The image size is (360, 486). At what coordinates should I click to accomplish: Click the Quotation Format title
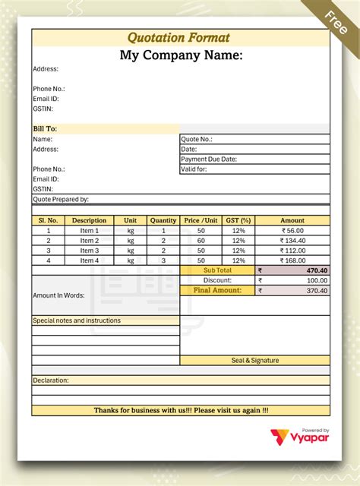(x=178, y=37)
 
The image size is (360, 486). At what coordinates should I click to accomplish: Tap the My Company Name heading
(x=181, y=55)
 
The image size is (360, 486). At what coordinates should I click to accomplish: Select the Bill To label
(x=45, y=128)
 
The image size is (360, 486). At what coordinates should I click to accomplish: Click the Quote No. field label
(x=197, y=139)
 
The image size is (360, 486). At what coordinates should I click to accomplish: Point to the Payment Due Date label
(x=209, y=159)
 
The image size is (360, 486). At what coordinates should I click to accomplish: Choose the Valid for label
(x=194, y=169)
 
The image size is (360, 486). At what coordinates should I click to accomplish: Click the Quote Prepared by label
(x=61, y=199)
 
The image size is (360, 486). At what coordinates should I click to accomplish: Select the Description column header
(x=89, y=220)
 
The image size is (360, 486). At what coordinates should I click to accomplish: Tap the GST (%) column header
(x=238, y=220)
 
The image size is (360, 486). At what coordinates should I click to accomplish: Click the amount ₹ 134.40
(x=292, y=241)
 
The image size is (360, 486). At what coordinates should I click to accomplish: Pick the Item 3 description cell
(x=89, y=251)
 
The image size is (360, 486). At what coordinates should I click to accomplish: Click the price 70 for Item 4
(x=201, y=260)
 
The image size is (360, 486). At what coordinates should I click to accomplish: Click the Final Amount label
(x=217, y=290)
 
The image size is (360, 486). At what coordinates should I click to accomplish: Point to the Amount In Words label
(x=58, y=295)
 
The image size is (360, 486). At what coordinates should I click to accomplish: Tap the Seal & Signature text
(x=255, y=360)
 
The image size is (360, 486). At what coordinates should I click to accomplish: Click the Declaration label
(x=51, y=380)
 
